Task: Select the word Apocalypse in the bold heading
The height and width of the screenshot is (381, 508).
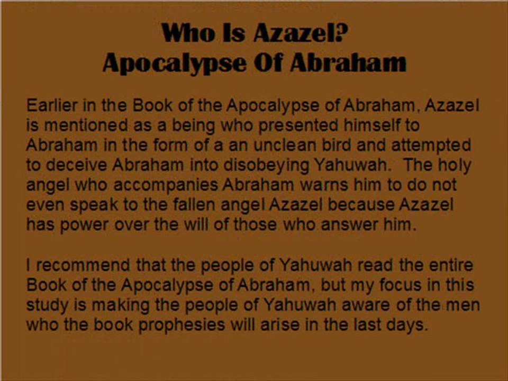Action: (174, 62)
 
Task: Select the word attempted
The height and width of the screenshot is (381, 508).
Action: (431, 146)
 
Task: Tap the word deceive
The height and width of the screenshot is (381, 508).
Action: (76, 165)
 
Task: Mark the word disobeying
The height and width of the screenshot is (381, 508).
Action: (266, 166)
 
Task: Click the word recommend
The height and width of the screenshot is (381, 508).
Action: (83, 265)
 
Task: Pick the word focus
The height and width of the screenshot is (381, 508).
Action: (400, 285)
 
